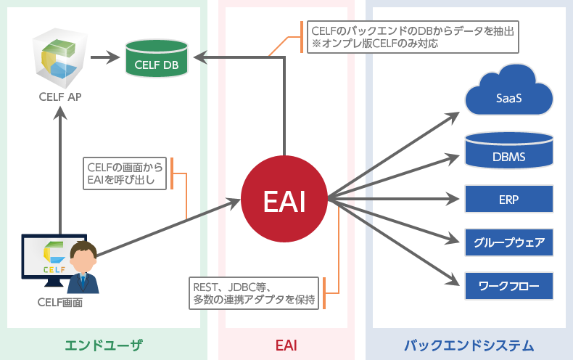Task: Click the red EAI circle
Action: pos(284,200)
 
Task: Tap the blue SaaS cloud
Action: pos(509,94)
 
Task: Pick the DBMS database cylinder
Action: pos(509,152)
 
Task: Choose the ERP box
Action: pos(509,199)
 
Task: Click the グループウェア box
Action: pos(509,242)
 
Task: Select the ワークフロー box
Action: pos(509,286)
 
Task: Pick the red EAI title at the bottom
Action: pos(286,344)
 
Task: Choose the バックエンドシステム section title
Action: pos(469,344)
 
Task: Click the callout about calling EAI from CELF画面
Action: pos(125,173)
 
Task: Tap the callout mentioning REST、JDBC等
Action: pos(254,293)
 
